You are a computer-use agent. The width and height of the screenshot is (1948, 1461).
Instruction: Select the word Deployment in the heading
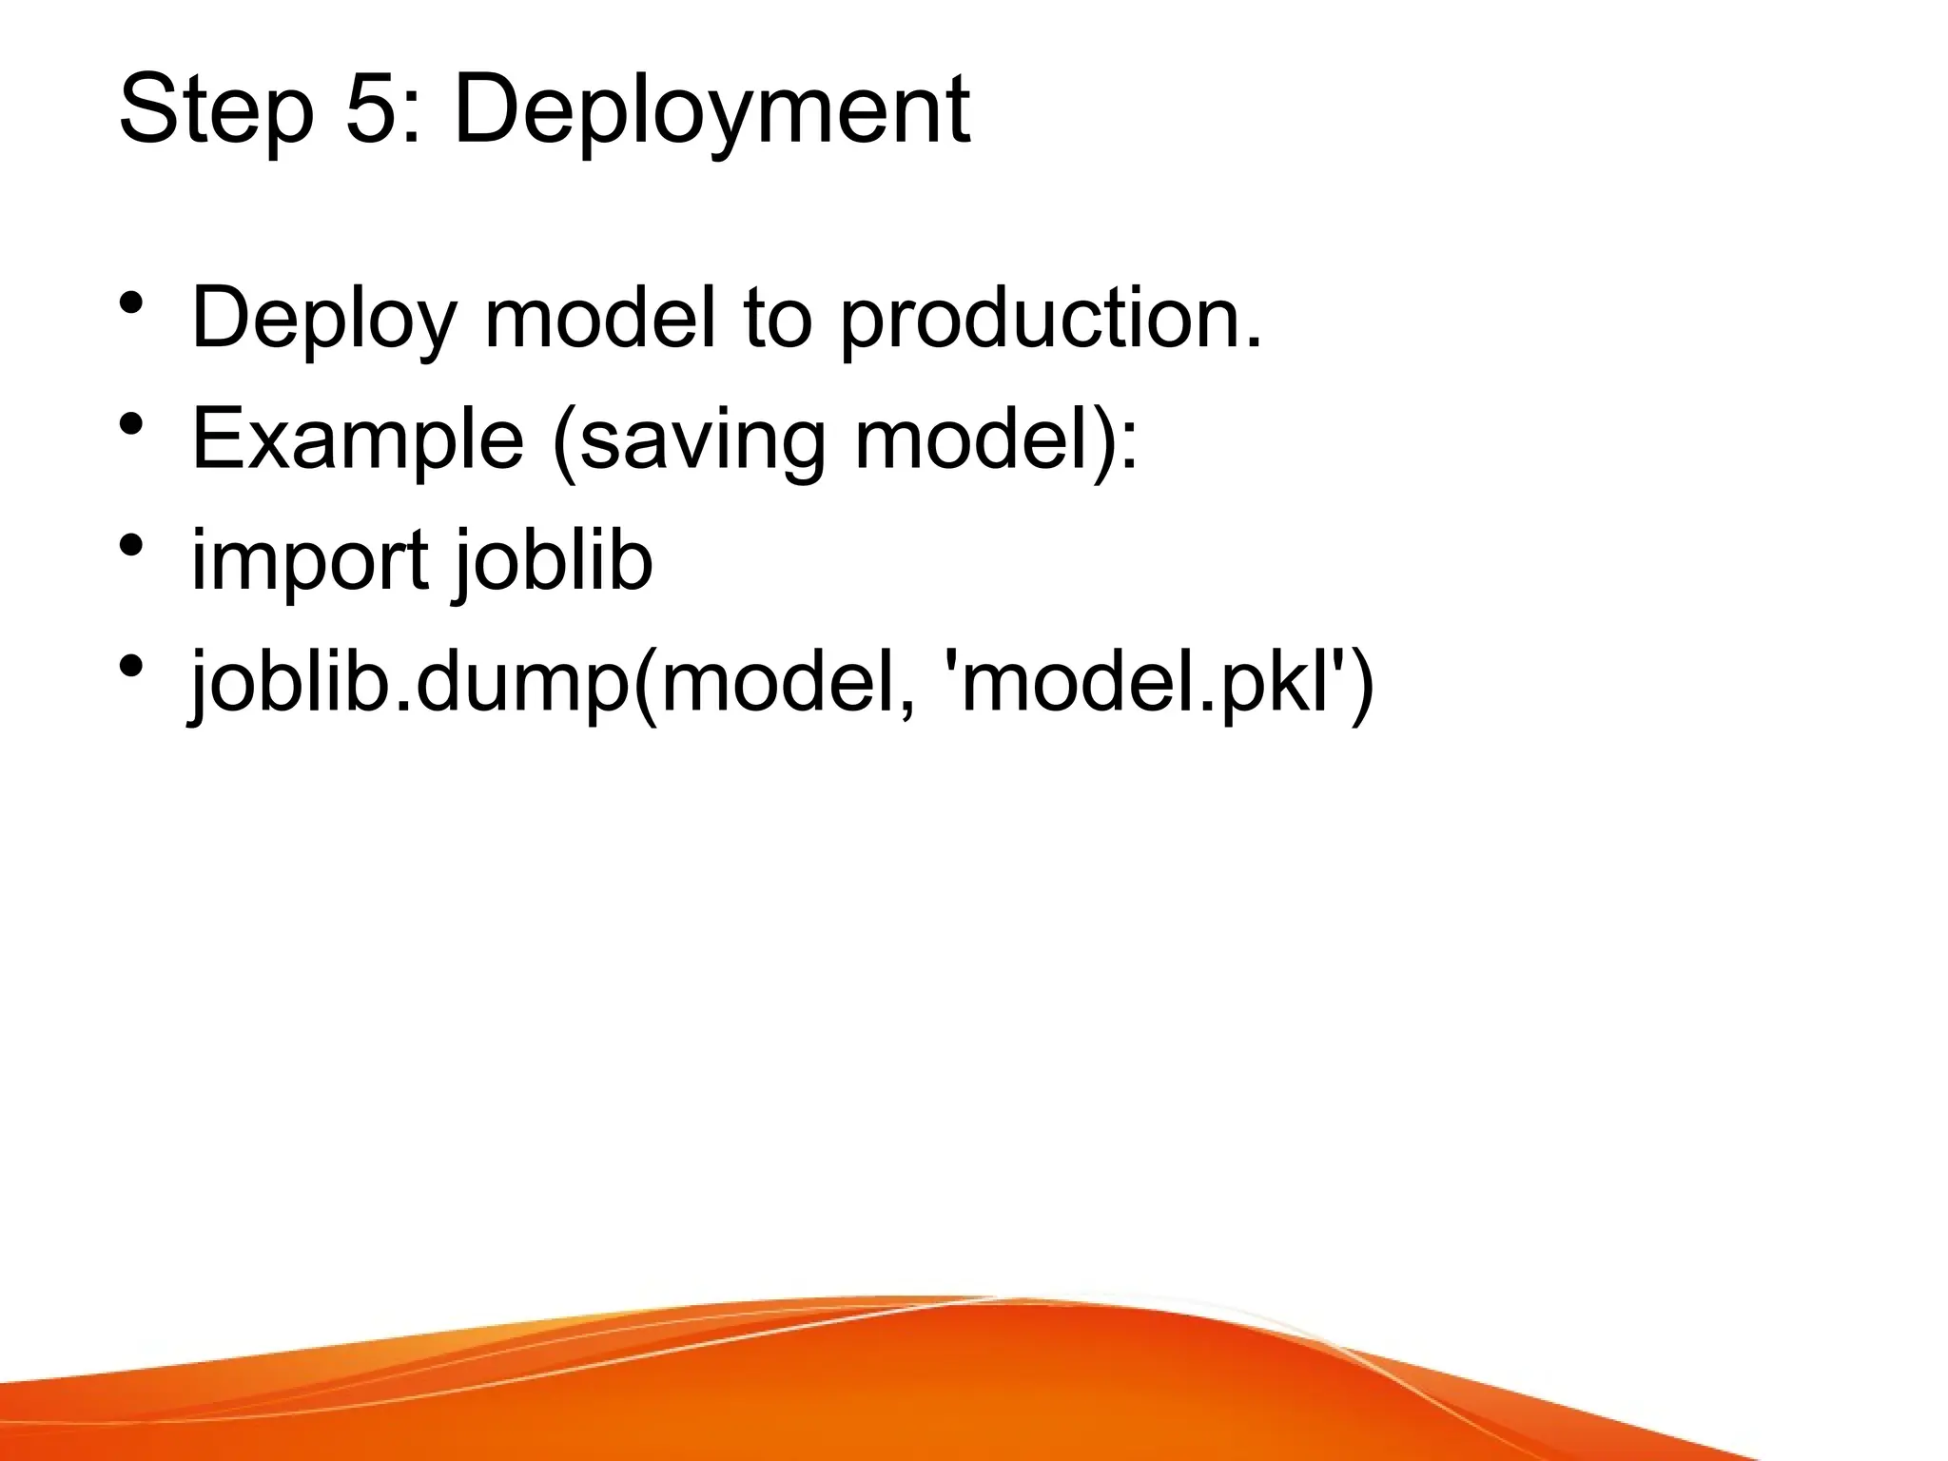tap(711, 112)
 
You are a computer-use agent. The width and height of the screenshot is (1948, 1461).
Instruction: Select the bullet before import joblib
tap(132, 545)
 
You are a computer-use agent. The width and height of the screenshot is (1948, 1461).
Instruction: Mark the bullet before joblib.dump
tap(132, 666)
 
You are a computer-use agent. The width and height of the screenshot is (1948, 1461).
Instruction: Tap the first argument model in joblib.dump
tap(780, 683)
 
